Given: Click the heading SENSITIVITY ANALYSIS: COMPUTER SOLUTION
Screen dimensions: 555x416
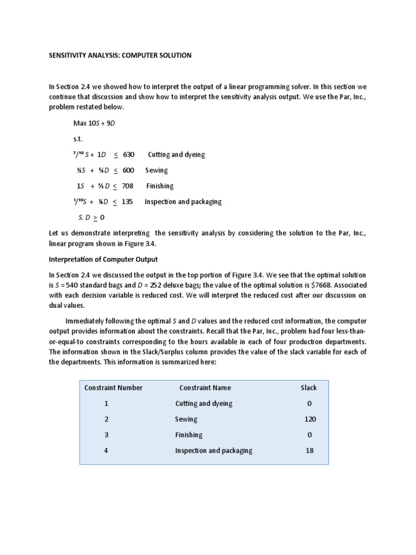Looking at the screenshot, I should (120, 55).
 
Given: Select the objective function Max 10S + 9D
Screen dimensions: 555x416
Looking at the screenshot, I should (94, 123).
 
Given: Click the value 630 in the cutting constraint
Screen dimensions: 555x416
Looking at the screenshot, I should (128, 154).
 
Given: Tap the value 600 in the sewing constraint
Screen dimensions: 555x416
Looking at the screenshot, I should (128, 170).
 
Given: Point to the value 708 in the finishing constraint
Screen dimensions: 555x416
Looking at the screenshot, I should (128, 186).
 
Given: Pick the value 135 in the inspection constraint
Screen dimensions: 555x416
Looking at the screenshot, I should (127, 202).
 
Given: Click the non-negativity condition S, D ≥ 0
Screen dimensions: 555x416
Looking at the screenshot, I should (91, 217).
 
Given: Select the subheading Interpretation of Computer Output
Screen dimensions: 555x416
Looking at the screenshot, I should (103, 259).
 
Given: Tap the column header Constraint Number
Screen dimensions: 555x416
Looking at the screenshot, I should (114, 388).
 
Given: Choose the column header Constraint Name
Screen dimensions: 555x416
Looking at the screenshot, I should (205, 388).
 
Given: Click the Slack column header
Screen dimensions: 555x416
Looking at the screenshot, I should (309, 388).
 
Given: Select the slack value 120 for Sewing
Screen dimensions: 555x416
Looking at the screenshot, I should (310, 419).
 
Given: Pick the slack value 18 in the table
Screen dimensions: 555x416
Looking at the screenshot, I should (309, 450).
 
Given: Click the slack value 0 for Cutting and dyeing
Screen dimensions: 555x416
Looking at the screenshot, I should (309, 403).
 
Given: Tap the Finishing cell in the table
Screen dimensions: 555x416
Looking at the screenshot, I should (188, 435).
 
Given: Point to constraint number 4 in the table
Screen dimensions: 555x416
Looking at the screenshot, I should (107, 450).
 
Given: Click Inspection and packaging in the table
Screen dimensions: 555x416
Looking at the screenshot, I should (213, 450).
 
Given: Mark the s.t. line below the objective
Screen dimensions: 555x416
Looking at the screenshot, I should (78, 139).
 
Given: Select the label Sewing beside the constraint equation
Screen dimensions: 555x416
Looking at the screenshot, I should (157, 170).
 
